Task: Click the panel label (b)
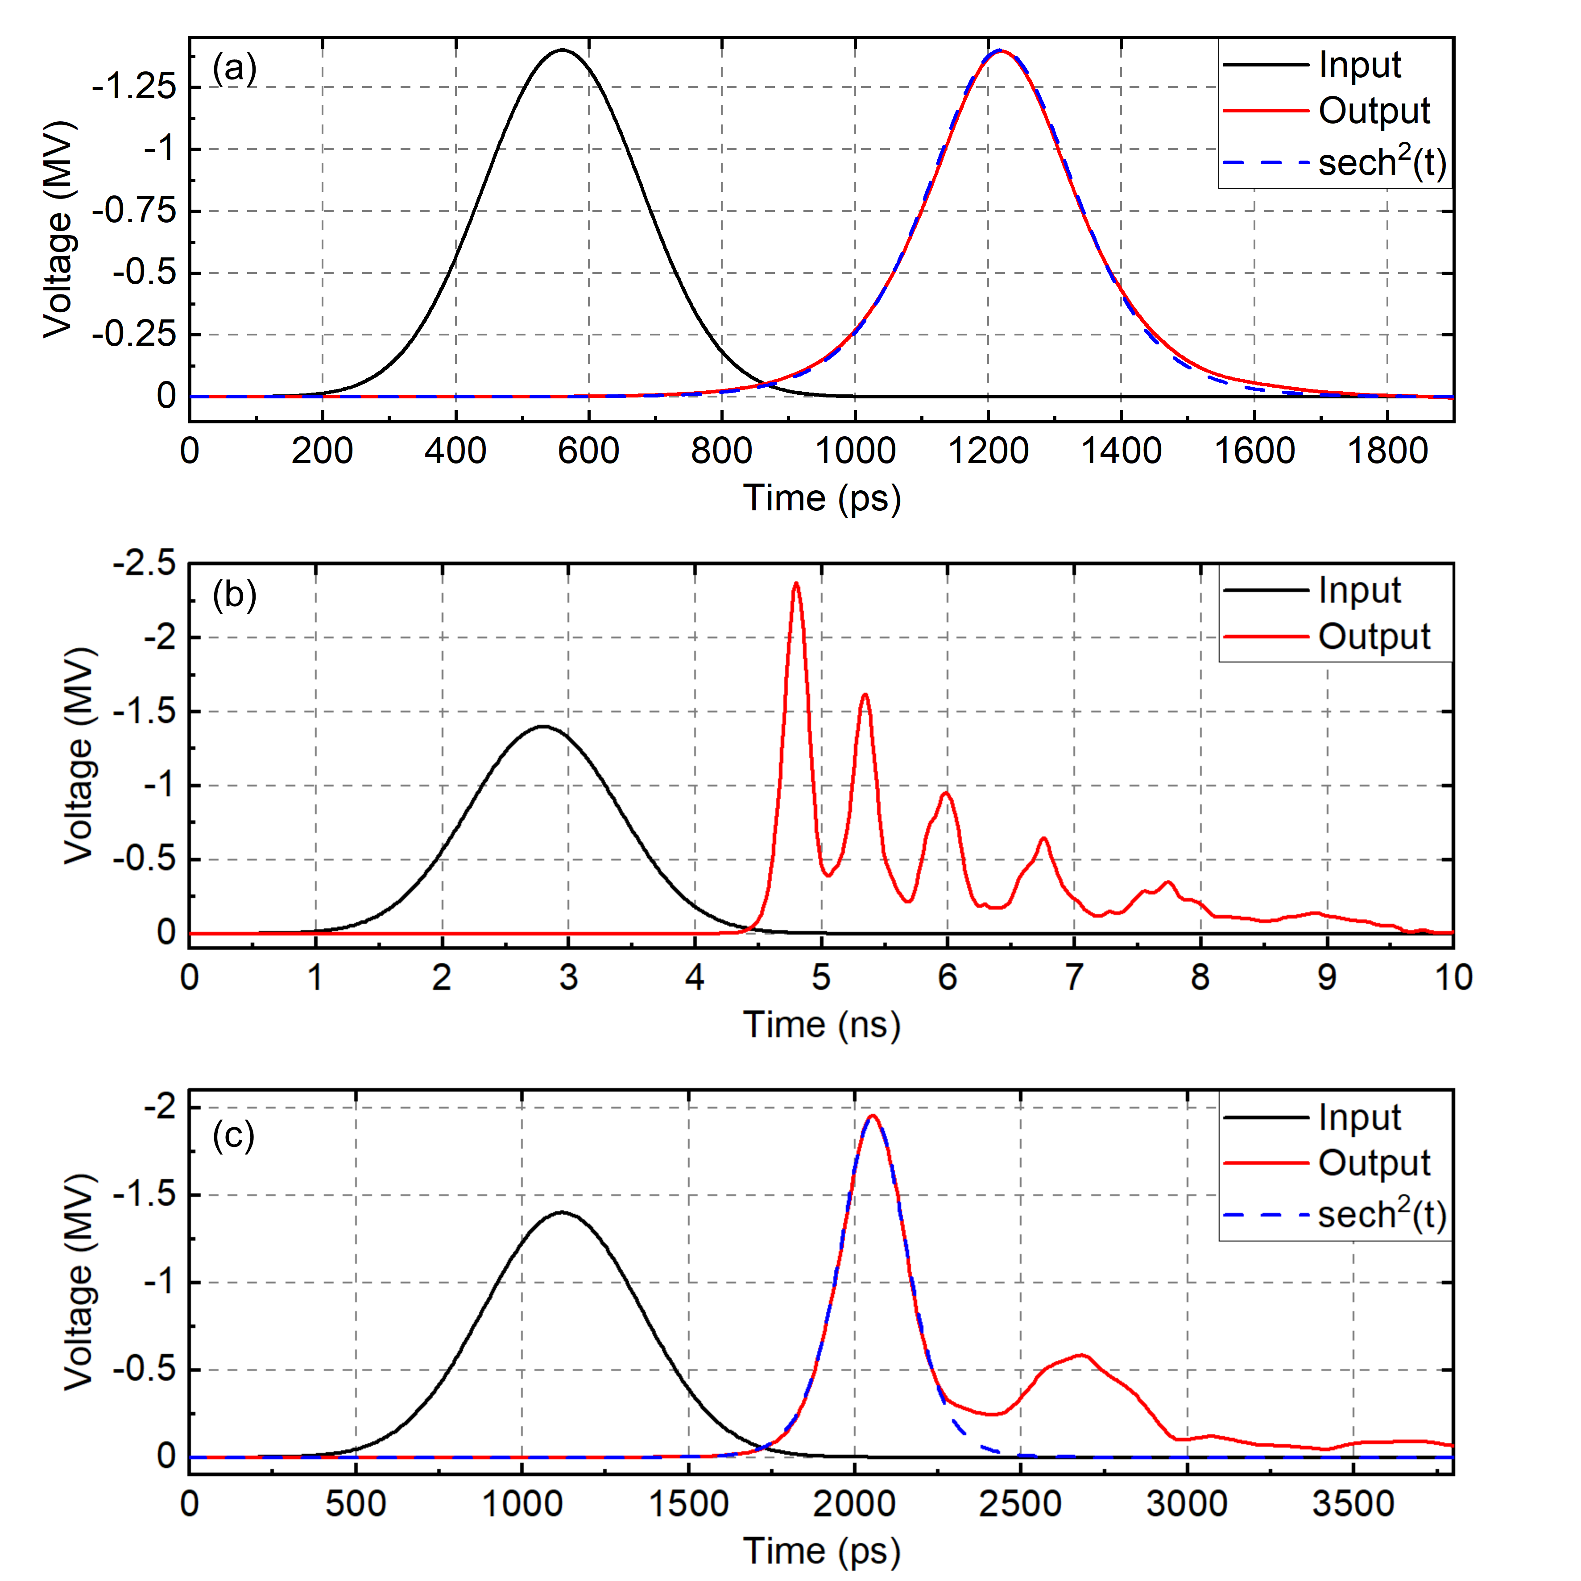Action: click(x=234, y=595)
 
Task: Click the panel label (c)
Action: click(x=233, y=1135)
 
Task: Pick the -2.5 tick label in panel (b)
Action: click(x=144, y=564)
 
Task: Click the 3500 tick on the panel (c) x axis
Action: click(x=1353, y=1504)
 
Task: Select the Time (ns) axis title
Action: click(x=822, y=1025)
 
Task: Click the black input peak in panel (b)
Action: click(x=542, y=727)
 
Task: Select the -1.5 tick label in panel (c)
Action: click(x=144, y=1195)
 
